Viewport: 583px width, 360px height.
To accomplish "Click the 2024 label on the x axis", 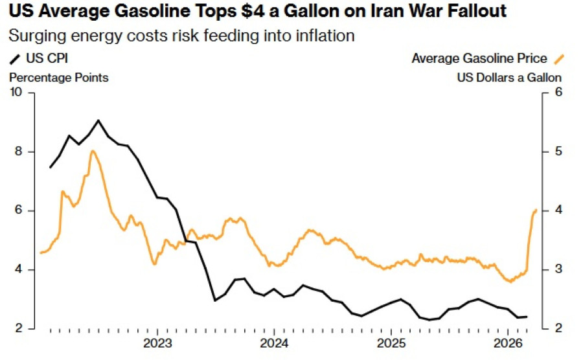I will click(274, 343).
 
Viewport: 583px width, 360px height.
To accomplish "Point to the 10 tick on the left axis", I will click(16, 93).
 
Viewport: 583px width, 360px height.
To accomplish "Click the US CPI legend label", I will click(47, 59).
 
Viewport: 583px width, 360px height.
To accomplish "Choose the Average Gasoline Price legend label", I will click(480, 59).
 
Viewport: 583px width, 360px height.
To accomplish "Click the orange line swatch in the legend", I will click(559, 59).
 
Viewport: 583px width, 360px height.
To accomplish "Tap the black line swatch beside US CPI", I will click(15, 60).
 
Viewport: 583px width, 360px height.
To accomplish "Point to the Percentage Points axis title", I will click(58, 77).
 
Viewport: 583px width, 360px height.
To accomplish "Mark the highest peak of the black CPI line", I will click(98, 120).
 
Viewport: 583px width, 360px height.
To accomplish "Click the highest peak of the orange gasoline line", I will click(93, 151).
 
